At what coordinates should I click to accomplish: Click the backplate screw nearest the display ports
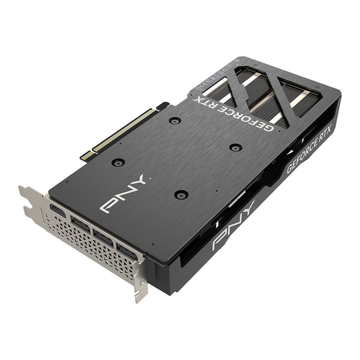click(181, 195)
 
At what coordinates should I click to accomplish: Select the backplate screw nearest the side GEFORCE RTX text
click(235, 147)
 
